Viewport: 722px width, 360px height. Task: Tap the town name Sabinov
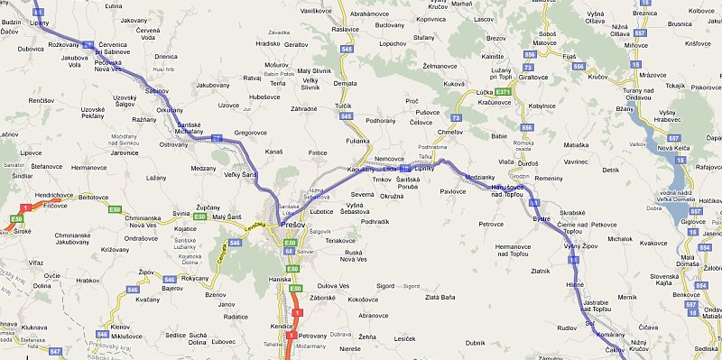(156, 91)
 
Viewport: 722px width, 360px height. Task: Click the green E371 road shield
(504, 92)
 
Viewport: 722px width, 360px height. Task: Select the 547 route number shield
(55, 350)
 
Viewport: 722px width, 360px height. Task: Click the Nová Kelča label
(673, 147)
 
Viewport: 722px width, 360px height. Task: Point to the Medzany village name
(204, 168)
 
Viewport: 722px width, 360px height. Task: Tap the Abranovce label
(373, 316)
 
